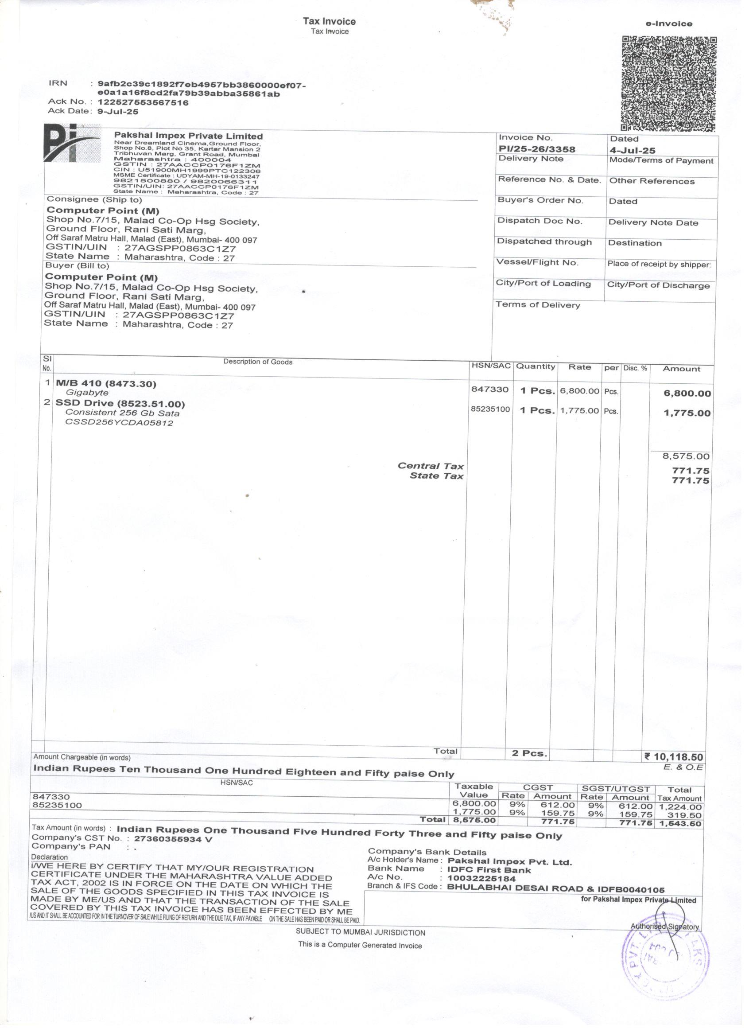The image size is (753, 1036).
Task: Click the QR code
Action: pos(669,84)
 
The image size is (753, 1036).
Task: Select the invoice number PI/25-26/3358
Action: pos(536,149)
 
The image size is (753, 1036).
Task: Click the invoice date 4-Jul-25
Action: pos(633,150)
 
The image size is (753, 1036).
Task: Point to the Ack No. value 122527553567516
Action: pos(143,103)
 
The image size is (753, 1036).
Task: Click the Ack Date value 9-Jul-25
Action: pos(118,112)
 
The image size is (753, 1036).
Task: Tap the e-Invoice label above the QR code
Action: pos(669,24)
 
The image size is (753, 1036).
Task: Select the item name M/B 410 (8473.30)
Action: pos(106,384)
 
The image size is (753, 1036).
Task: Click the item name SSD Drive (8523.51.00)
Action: pos(120,404)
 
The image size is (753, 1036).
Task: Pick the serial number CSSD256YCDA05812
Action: pos(119,423)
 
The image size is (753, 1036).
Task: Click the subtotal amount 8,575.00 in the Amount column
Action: pos(686,456)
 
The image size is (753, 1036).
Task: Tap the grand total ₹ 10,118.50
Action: pos(674,757)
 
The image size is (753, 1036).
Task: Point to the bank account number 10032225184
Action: pos(481,878)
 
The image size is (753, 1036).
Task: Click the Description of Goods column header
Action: pos(257,362)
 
